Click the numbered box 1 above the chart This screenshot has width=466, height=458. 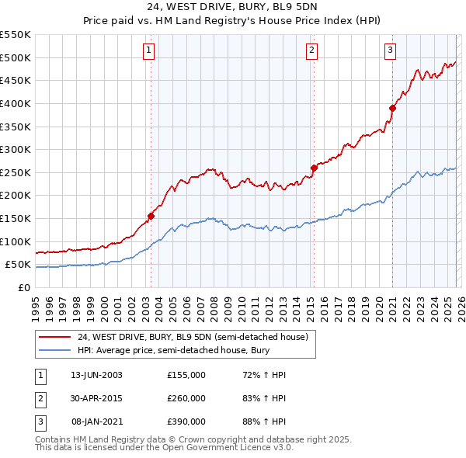tap(148, 51)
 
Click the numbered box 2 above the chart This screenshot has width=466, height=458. tap(311, 51)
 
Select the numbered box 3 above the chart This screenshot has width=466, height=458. tap(390, 51)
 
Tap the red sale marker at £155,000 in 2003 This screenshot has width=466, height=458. tap(151, 217)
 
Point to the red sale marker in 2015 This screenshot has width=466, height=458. tap(314, 168)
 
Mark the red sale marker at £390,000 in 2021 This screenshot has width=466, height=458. tap(392, 108)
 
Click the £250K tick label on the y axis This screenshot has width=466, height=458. tap(16, 172)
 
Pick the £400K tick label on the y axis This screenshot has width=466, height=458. tap(16, 103)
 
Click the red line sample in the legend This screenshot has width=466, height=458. tap(55, 337)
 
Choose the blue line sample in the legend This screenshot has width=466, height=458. tap(55, 350)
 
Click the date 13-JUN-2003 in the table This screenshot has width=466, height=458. tap(96, 375)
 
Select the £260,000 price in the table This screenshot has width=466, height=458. tap(186, 398)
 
